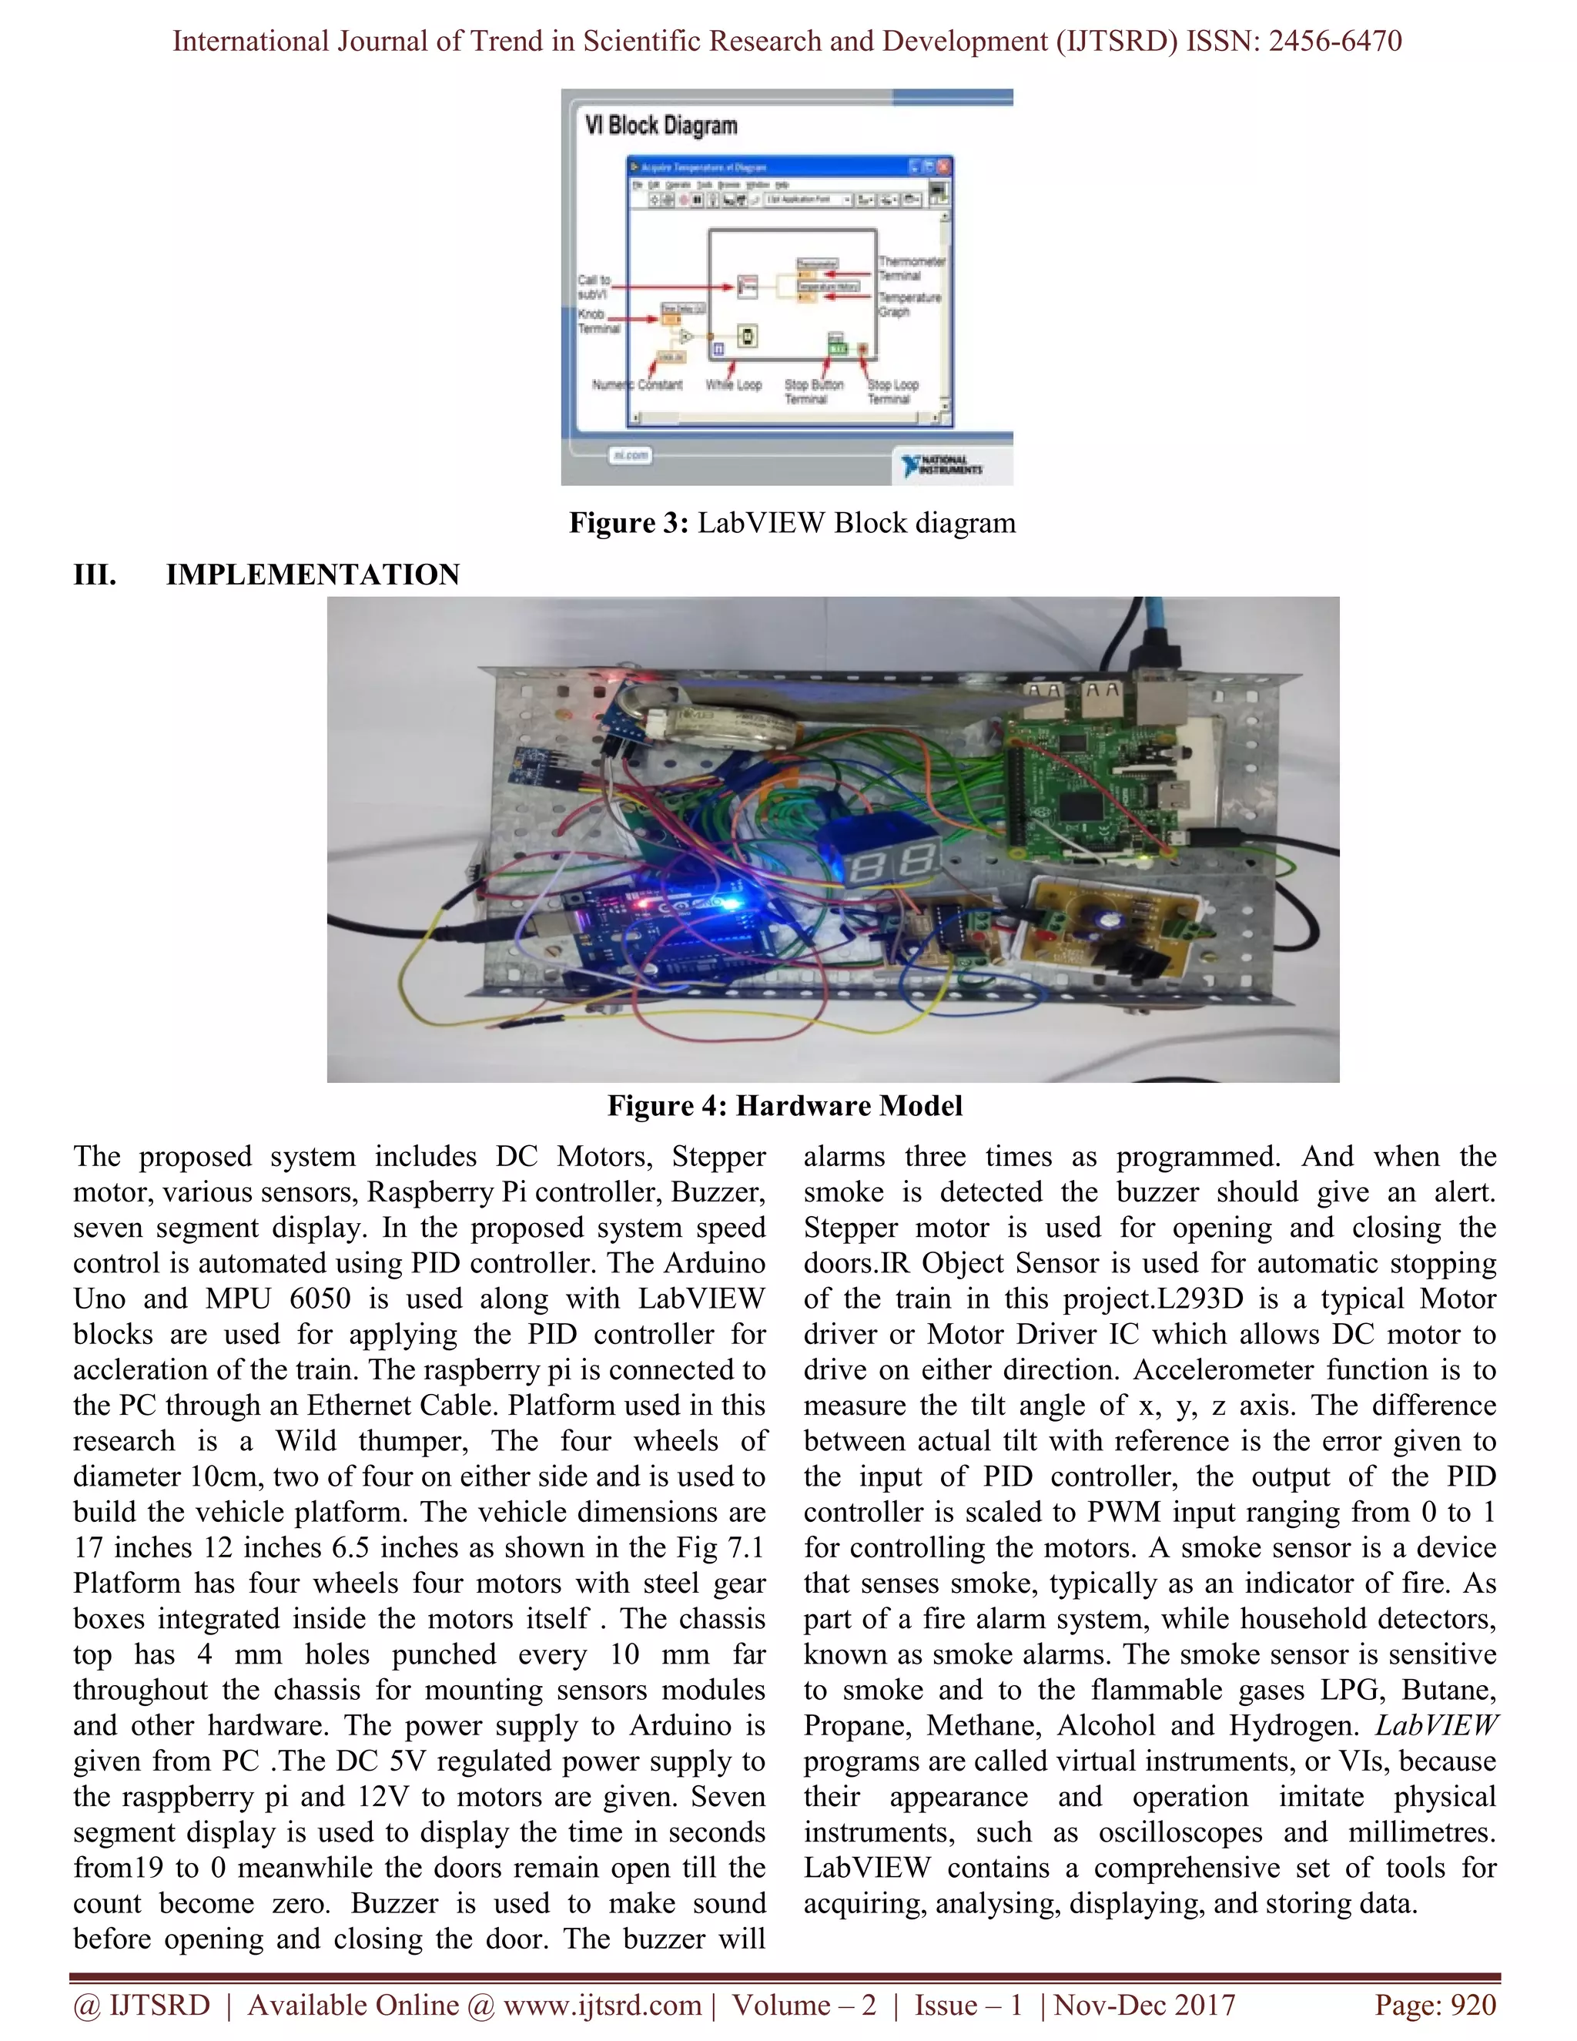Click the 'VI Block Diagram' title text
point(661,126)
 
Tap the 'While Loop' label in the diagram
point(733,385)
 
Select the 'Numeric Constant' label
point(637,385)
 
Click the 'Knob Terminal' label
point(598,321)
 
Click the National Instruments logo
point(943,464)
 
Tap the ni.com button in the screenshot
point(631,455)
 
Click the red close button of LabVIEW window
point(943,167)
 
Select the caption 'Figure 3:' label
point(628,522)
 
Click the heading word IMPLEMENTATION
point(312,574)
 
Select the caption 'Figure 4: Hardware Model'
point(785,1105)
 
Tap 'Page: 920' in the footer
point(1435,2006)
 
